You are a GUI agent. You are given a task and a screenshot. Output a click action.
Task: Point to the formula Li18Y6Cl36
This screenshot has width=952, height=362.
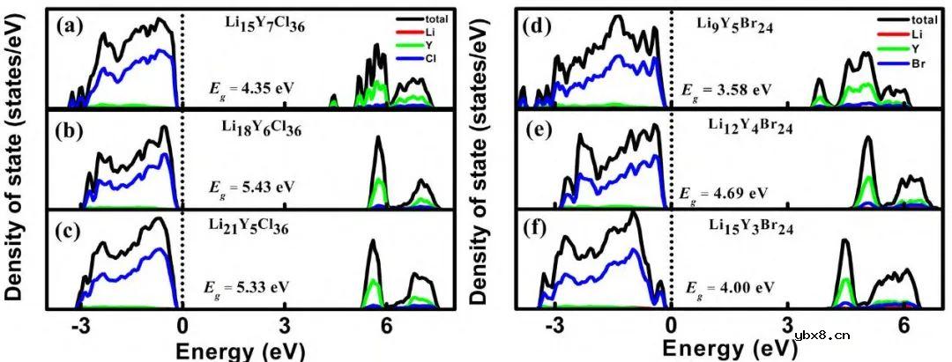click(x=262, y=129)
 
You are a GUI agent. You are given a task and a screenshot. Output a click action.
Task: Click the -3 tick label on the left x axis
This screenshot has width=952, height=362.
click(x=80, y=325)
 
